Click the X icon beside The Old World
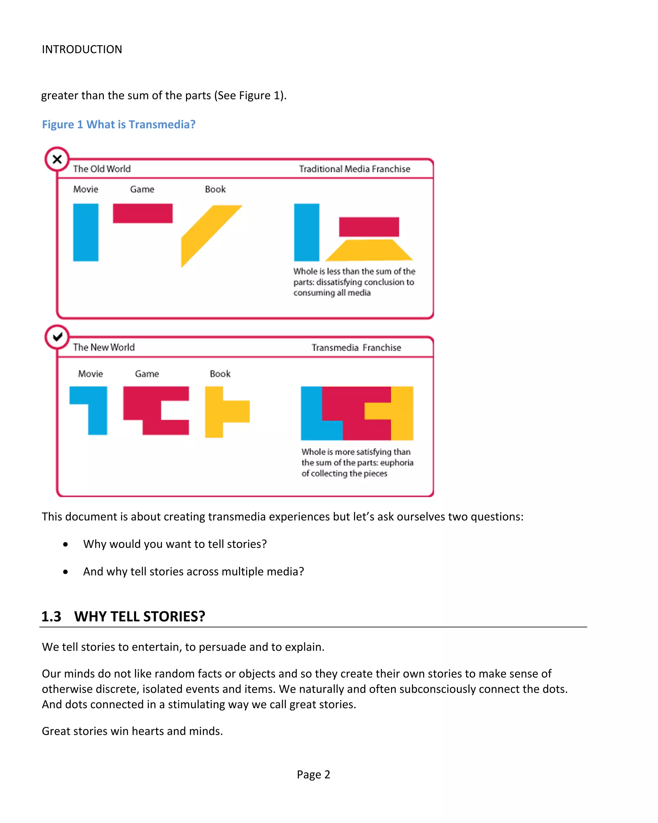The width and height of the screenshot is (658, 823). (57, 159)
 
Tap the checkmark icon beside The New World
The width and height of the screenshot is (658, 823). (57, 337)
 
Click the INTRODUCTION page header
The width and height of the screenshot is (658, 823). (82, 49)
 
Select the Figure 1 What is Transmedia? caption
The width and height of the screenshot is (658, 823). (118, 124)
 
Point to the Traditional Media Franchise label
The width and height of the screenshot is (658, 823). (354, 169)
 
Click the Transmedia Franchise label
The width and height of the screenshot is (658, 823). (356, 347)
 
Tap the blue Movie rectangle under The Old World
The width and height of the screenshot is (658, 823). (85, 232)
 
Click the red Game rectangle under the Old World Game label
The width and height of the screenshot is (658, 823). (142, 213)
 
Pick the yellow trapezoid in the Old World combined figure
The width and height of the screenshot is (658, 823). (369, 250)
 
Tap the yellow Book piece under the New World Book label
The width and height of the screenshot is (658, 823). (221, 411)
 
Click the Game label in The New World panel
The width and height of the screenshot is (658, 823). (147, 374)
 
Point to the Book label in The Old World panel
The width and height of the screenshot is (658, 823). (215, 189)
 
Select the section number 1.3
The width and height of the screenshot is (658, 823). (51, 616)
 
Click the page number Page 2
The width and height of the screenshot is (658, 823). (313, 774)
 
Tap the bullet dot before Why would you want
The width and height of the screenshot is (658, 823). (66, 544)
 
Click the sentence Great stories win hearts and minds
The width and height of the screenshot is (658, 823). (132, 731)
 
